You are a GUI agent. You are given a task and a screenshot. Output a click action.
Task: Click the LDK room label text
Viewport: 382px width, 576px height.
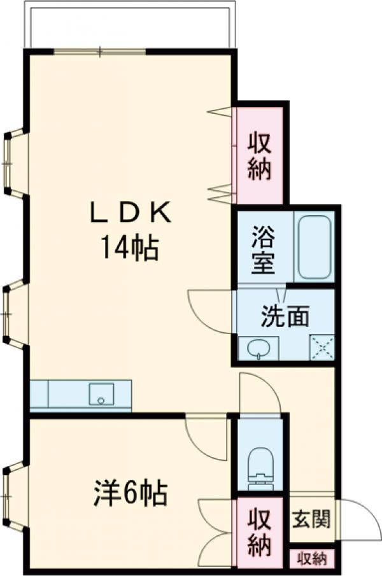click(x=130, y=214)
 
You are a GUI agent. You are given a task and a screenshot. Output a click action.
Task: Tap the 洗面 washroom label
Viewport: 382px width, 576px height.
click(x=285, y=316)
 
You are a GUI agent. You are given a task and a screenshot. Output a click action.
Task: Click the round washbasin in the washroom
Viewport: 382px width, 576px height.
click(x=258, y=348)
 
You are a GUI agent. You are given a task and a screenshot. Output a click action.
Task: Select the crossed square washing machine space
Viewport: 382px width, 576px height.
click(x=321, y=348)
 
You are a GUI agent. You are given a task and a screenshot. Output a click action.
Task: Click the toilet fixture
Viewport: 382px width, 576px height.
click(x=259, y=466)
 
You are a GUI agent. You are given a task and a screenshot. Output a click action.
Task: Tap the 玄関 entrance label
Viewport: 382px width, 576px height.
click(x=312, y=519)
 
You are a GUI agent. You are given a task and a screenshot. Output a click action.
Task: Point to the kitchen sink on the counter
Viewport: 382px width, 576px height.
click(x=101, y=394)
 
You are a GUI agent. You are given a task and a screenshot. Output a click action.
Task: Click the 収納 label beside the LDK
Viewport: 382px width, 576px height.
click(x=260, y=157)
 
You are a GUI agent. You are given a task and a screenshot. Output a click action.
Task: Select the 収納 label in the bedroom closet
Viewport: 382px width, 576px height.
click(x=260, y=531)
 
